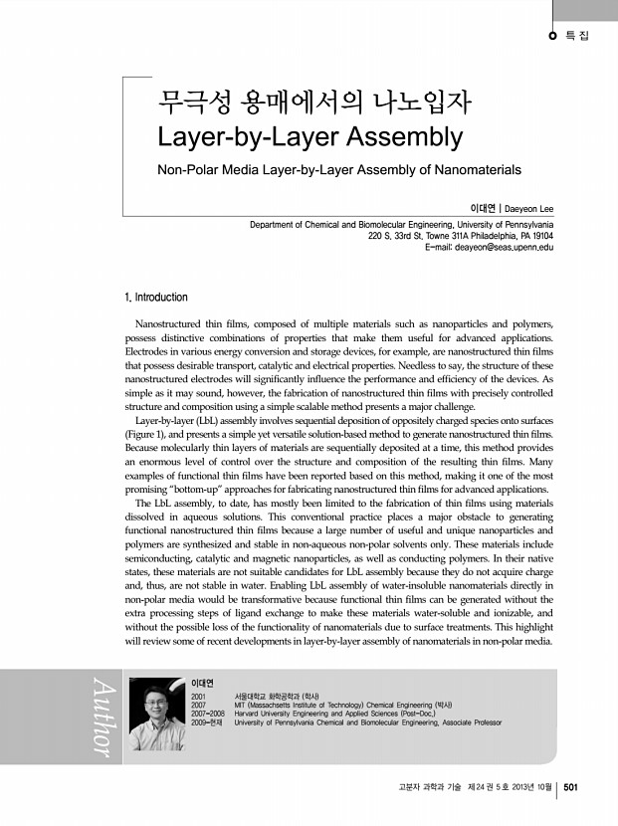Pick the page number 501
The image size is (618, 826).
(x=571, y=788)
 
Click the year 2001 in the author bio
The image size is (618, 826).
(x=199, y=697)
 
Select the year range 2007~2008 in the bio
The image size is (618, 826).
(x=209, y=715)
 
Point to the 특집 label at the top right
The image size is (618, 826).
(x=577, y=38)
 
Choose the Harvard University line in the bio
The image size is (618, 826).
(x=329, y=715)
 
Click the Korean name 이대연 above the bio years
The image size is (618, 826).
(x=202, y=683)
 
